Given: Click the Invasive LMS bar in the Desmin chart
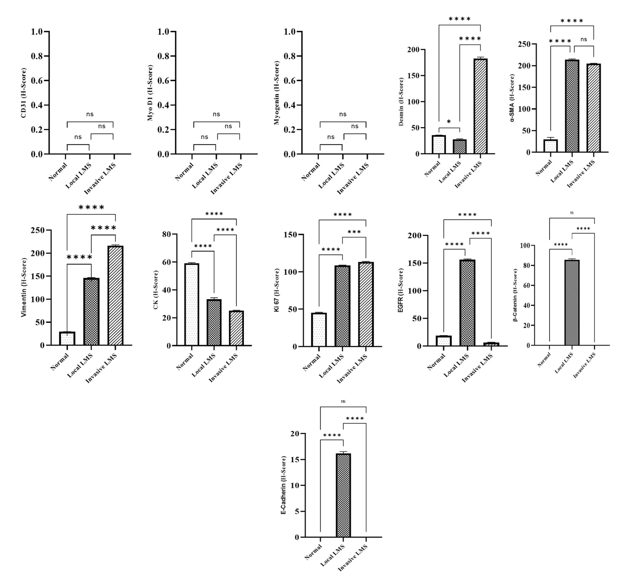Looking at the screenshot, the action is [x=480, y=106].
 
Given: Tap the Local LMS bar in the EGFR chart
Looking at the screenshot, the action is [x=468, y=303].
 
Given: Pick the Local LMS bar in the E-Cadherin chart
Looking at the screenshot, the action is [x=343, y=495].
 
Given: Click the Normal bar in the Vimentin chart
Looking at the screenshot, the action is [x=67, y=339].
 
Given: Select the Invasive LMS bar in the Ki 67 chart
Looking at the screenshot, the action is [x=366, y=304].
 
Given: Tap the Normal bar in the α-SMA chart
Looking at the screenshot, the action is [x=551, y=146].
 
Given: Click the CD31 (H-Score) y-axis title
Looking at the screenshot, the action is [x=23, y=93].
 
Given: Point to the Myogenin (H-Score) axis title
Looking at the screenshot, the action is [x=276, y=93].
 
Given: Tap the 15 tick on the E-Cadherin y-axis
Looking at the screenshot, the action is [x=295, y=460].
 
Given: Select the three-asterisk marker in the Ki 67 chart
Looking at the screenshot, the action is [x=354, y=232].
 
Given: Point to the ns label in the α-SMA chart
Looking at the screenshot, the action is [x=583, y=40].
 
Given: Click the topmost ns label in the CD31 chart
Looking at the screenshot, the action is [x=90, y=114].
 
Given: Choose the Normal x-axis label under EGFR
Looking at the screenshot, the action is [x=436, y=361].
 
